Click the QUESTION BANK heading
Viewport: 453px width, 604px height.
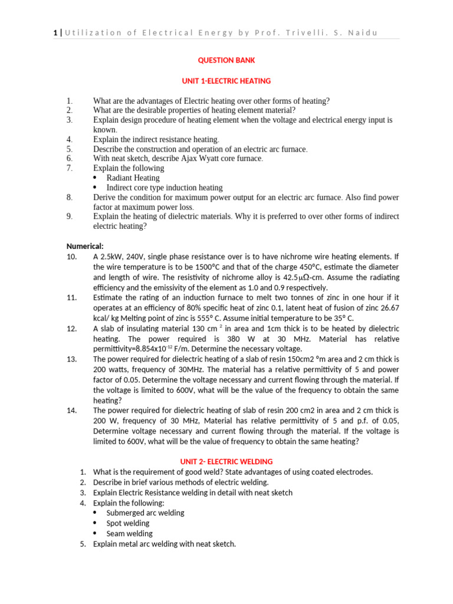[226, 60]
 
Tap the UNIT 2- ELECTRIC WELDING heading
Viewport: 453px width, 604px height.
[226, 461]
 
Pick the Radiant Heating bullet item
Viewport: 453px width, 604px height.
[133, 178]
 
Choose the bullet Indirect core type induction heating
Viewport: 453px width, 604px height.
[164, 188]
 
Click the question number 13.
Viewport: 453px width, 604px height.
[71, 359]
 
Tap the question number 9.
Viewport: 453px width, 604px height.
[69, 216]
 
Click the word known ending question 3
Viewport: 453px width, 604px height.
[104, 129]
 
